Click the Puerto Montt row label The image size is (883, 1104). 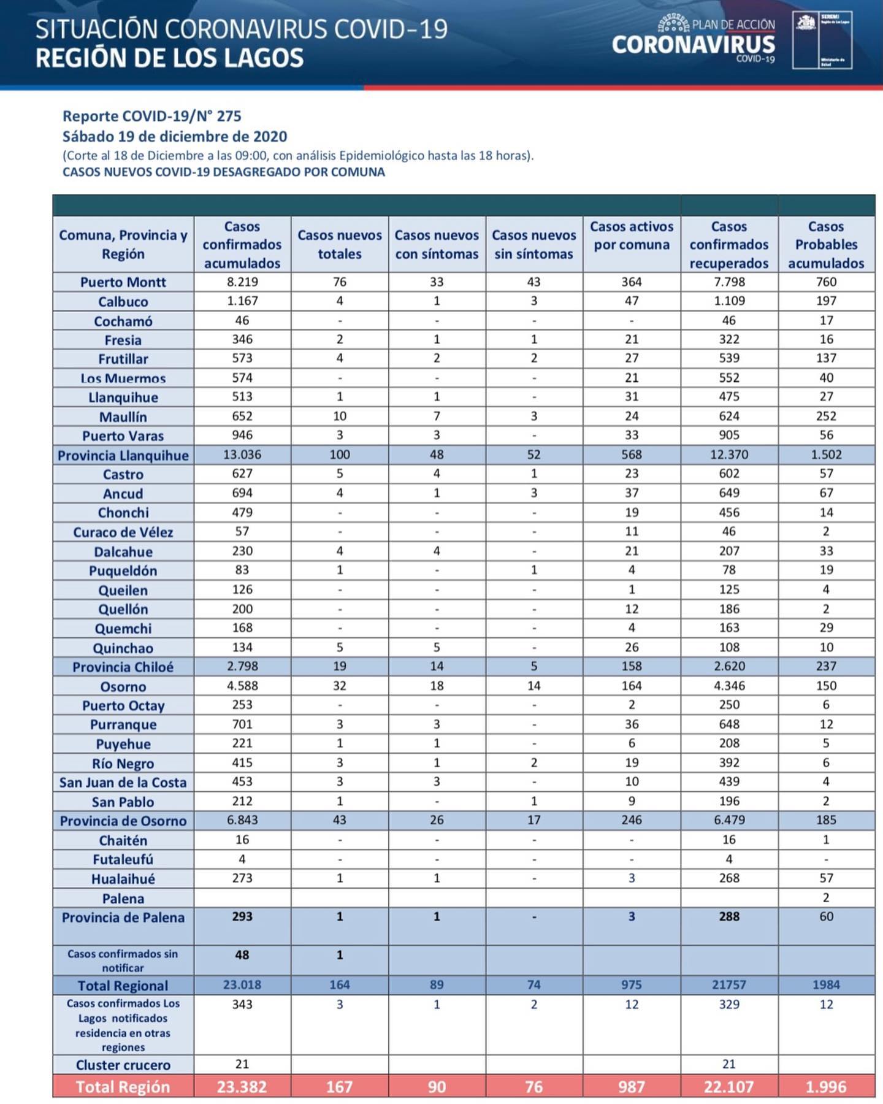click(x=123, y=282)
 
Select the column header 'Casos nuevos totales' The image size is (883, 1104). click(x=339, y=244)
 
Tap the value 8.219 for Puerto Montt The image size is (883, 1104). click(x=242, y=282)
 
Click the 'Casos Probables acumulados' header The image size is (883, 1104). click(x=826, y=244)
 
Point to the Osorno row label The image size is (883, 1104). click(x=123, y=686)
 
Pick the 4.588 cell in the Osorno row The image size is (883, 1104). click(x=242, y=686)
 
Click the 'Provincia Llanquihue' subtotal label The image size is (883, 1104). click(x=123, y=455)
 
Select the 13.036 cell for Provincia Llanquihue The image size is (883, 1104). click(x=242, y=454)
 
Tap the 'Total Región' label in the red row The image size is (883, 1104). click(x=123, y=1087)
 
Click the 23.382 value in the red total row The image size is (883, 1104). click(x=242, y=1087)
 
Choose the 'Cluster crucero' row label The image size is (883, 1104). click(x=123, y=1065)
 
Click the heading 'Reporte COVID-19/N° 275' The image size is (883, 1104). click(x=152, y=116)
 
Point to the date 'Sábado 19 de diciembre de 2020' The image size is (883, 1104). click(x=175, y=136)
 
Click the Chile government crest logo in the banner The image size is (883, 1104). click(x=806, y=24)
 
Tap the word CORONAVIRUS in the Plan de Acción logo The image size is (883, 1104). click(x=693, y=45)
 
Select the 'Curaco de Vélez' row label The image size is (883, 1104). click(x=123, y=532)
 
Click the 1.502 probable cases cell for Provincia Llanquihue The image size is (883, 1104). click(x=826, y=454)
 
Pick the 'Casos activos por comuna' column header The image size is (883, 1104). click(x=632, y=236)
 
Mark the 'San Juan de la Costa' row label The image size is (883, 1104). click(x=123, y=783)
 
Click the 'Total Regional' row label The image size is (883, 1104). click(x=123, y=986)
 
